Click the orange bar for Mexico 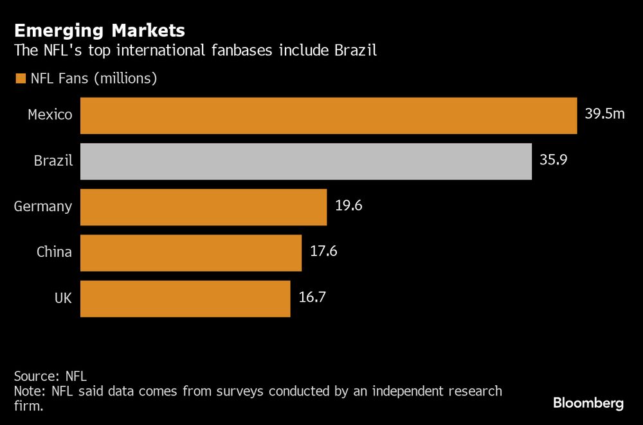329,116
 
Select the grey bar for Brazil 306,161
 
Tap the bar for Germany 203,207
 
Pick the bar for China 191,252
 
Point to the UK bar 185,298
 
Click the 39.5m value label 604,114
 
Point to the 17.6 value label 323,251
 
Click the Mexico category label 50,115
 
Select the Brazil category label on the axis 53,160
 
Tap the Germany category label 43,206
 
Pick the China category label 54,252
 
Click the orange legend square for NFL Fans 19,78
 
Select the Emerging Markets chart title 100,30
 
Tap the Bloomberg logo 588,403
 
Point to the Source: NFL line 50,376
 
